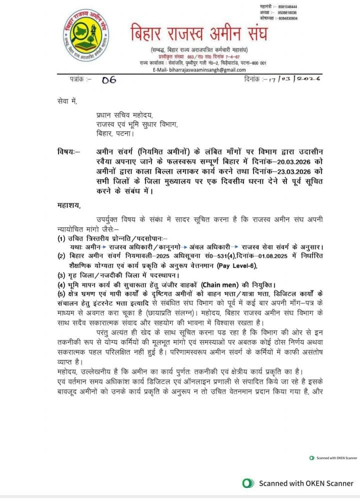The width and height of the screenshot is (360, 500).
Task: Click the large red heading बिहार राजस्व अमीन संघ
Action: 199,34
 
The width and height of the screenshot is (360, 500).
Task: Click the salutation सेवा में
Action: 67,101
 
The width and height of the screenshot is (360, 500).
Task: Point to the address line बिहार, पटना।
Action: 114,133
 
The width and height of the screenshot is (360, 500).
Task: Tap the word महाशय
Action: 68,205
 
